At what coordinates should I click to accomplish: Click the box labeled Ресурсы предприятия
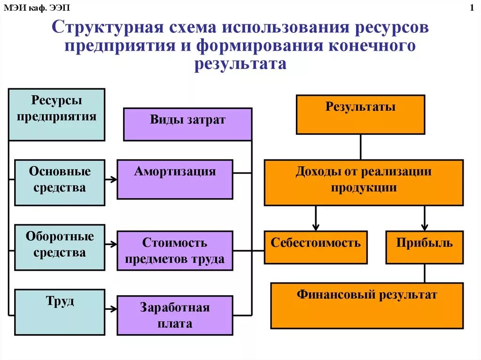(56, 115)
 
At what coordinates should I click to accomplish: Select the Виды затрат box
(187, 124)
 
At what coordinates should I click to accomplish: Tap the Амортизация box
(175, 179)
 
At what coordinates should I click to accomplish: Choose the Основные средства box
(60, 183)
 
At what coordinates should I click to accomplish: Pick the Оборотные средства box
(60, 247)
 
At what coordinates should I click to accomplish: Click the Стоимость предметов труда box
(175, 251)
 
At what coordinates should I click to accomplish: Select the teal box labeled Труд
(60, 312)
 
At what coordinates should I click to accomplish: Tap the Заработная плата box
(175, 315)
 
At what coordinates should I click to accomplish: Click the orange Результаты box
(360, 115)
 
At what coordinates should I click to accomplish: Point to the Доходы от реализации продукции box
(363, 183)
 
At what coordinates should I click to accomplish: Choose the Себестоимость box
(316, 247)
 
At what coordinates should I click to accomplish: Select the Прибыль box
(424, 247)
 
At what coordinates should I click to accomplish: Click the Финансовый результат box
(366, 305)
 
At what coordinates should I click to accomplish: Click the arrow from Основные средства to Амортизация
(111, 179)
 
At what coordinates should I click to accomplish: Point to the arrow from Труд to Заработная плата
(111, 309)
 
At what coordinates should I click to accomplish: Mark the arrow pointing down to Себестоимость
(316, 219)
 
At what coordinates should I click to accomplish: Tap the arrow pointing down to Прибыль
(424, 219)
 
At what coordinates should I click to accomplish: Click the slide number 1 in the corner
(471, 8)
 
